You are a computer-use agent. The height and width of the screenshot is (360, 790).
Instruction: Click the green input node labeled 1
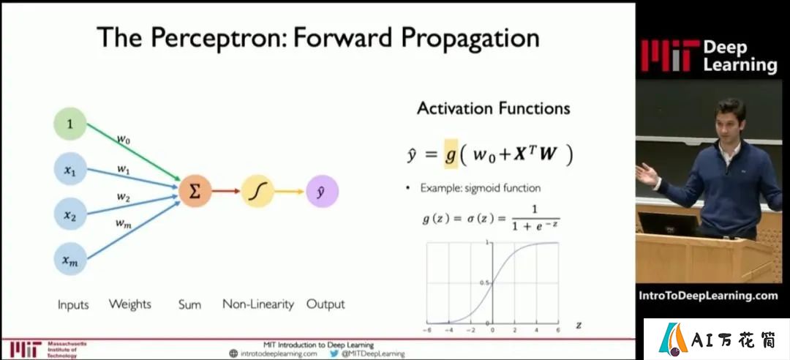tap(70, 124)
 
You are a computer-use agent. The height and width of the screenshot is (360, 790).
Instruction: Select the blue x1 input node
tap(70, 169)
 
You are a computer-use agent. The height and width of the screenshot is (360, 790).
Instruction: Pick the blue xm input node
tap(70, 258)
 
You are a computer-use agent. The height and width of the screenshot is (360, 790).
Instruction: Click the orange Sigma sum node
tap(195, 191)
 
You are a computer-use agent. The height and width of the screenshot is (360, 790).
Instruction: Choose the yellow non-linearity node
tap(257, 191)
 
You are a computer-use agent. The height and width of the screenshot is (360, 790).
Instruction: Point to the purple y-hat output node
tap(322, 191)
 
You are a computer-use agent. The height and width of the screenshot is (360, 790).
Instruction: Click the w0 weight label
tap(124, 140)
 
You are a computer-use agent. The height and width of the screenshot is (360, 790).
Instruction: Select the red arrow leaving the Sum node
tap(226, 191)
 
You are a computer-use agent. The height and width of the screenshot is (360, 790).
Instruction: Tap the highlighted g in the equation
tap(451, 154)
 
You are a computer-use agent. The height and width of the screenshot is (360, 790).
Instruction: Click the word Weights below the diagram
tap(130, 304)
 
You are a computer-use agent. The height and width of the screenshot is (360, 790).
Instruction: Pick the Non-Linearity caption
tap(258, 304)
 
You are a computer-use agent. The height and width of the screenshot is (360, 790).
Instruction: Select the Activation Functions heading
tap(493, 108)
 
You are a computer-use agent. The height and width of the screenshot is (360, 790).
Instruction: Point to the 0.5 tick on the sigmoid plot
tap(487, 283)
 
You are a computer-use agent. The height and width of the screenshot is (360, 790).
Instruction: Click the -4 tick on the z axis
tap(448, 330)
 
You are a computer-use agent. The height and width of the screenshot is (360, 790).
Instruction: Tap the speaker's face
tap(730, 121)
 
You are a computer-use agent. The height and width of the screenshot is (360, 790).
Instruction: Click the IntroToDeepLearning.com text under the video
tap(707, 296)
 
